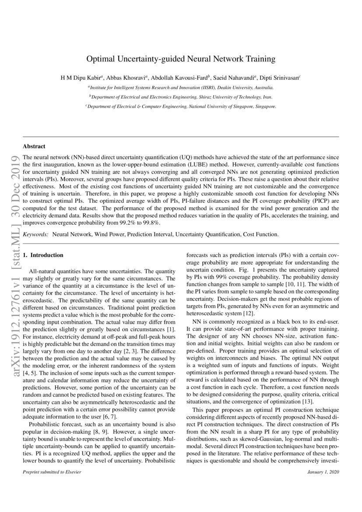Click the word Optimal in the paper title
pyautogui.click(x=100, y=58)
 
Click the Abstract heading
pyautogui.click(x=34, y=146)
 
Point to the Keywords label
pyautogui.click(x=35, y=234)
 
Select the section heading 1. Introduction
pyautogui.click(x=43, y=255)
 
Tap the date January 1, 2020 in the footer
pyautogui.click(x=323, y=472)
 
